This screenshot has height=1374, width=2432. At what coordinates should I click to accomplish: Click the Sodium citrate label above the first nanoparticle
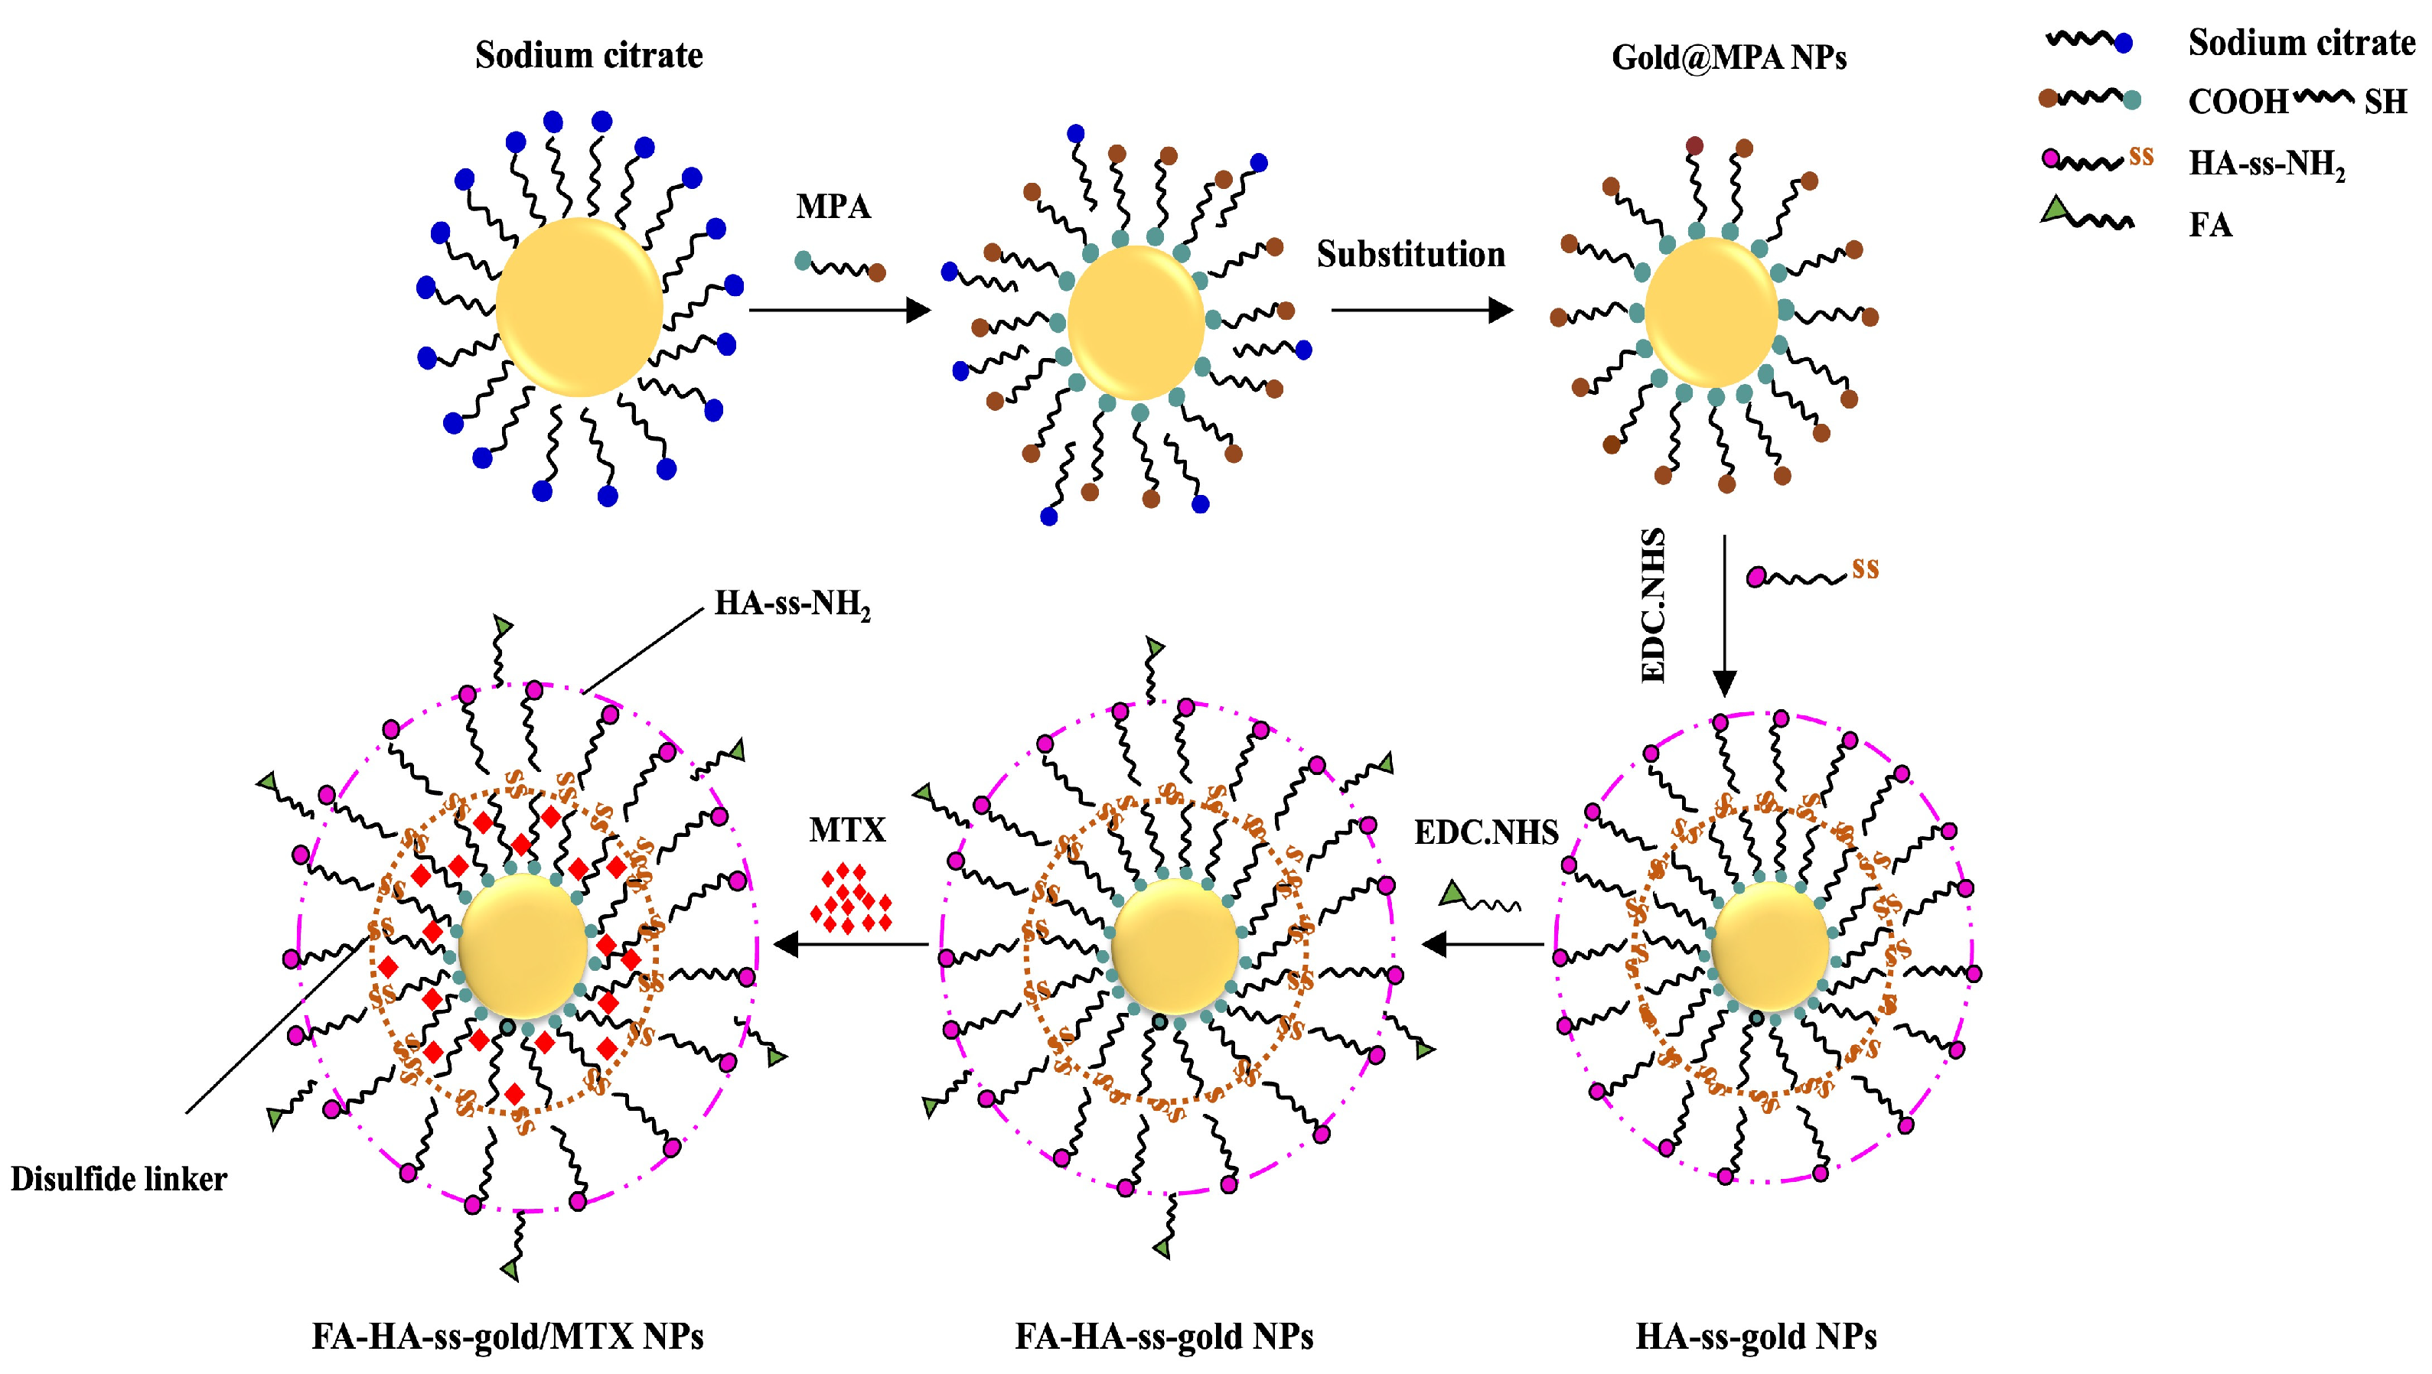588,55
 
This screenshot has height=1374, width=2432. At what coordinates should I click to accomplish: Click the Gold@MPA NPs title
1729,57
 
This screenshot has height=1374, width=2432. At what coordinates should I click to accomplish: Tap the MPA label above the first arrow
833,207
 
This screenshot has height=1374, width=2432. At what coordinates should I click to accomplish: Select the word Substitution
1410,255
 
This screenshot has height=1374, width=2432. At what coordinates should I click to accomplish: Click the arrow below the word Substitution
1421,310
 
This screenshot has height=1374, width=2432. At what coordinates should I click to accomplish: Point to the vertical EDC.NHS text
1653,605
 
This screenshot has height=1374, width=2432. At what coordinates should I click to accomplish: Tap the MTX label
847,830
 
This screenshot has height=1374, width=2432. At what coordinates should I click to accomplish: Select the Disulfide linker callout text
119,1180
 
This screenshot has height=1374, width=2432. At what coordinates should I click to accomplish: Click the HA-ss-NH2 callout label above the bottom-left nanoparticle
791,604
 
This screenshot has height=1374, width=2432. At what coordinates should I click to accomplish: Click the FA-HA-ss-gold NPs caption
1163,1337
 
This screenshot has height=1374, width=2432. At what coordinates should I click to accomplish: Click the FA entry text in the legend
2210,226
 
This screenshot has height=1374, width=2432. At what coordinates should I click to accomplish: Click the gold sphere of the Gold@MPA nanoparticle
1710,312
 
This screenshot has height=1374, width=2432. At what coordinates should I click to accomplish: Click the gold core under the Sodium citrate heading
579,307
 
